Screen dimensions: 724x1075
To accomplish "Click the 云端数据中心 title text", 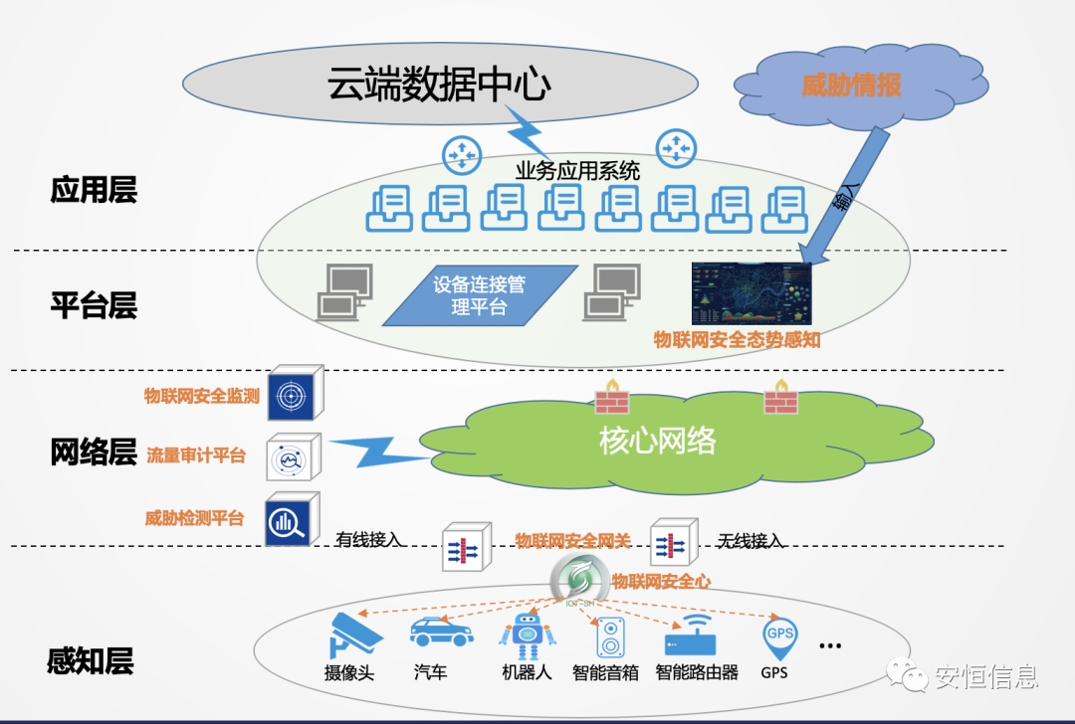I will click(439, 85).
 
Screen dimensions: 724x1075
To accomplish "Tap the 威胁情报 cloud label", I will click(851, 85).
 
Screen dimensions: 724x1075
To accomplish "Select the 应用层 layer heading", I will click(94, 190).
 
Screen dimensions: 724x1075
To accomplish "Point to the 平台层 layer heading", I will click(94, 305).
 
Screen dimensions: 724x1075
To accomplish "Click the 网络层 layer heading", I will click(94, 452).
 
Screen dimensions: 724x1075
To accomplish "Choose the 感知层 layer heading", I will click(91, 660).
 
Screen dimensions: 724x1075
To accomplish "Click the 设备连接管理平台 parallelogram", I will click(479, 295).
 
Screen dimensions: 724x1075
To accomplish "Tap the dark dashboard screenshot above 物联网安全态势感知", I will click(752, 293).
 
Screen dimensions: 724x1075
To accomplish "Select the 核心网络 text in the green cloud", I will click(657, 441).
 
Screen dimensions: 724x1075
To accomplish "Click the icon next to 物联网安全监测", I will click(294, 394).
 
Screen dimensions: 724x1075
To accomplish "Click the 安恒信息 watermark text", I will click(985, 677).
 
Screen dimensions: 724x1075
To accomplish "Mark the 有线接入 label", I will click(369, 540).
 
